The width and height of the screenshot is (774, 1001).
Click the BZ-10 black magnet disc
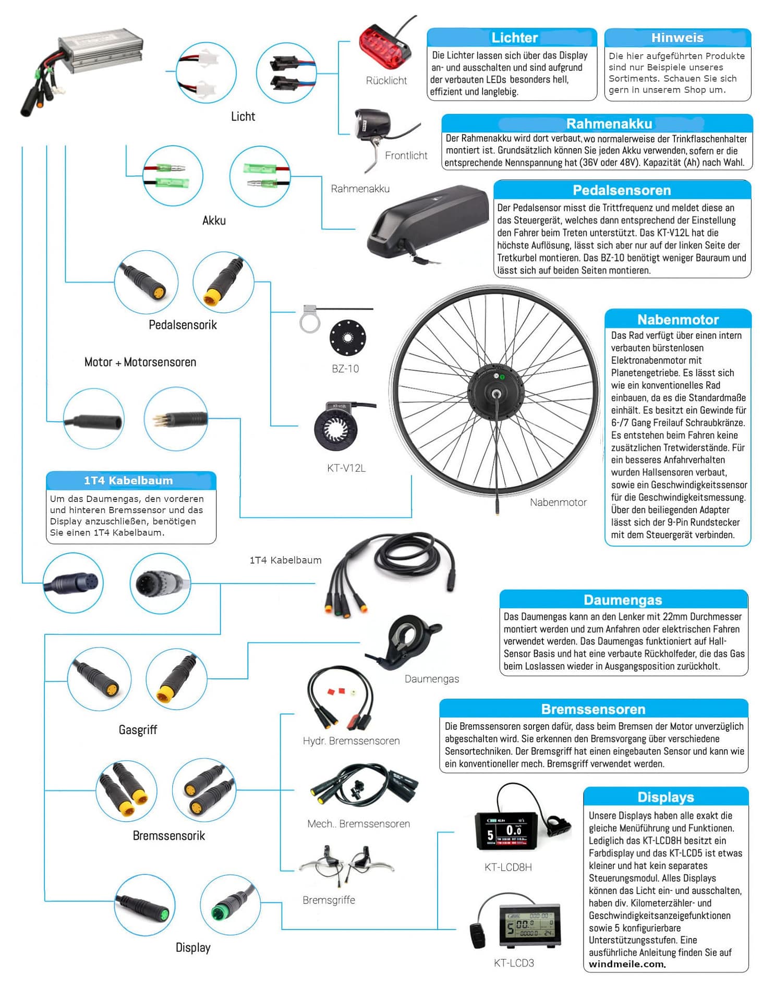(348, 337)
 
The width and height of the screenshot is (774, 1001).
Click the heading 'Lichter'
(514, 38)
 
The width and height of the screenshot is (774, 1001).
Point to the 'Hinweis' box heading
(677, 38)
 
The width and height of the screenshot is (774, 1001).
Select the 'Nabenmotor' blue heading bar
(678, 319)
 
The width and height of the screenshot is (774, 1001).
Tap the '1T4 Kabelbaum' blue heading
(128, 480)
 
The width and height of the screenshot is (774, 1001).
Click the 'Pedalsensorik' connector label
(183, 325)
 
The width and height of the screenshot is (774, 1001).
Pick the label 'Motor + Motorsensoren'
(140, 362)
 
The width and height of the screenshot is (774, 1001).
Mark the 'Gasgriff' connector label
(138, 729)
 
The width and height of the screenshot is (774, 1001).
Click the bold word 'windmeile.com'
(627, 964)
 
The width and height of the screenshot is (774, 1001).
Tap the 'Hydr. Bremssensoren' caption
(351, 741)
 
